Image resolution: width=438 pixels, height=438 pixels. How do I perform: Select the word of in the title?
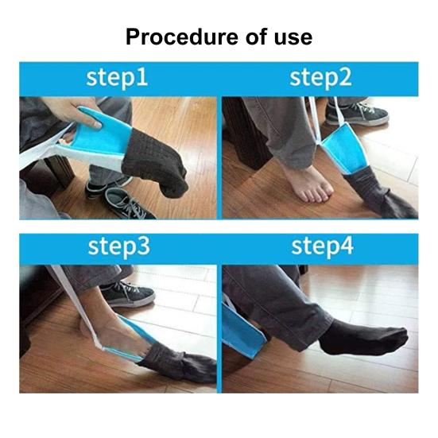coord(246,37)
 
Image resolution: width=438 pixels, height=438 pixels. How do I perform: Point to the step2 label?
coord(320,78)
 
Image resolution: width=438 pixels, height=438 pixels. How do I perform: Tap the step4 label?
coord(320,247)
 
